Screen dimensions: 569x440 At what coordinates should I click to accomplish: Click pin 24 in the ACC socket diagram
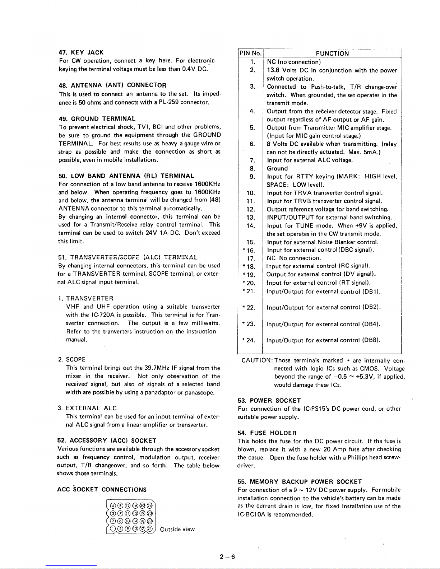pyautogui.click(x=149, y=505)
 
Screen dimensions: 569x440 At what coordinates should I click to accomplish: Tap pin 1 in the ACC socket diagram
pyautogui.click(x=113, y=528)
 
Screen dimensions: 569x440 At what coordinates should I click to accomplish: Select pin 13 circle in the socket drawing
pyautogui.click(x=135, y=528)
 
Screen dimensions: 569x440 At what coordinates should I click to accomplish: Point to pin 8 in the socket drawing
pyautogui.click(x=120, y=505)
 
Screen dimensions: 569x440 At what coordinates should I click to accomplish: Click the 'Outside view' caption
pyautogui.click(x=177, y=529)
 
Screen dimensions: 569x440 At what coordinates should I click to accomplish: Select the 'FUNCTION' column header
pyautogui.click(x=332, y=53)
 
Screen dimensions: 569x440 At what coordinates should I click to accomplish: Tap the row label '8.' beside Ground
pyautogui.click(x=253, y=168)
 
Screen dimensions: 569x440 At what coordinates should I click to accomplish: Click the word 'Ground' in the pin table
pyautogui.click(x=277, y=168)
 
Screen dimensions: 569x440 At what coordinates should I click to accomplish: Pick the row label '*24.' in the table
pyautogui.click(x=250, y=340)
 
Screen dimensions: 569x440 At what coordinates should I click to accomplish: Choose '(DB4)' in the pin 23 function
pyautogui.click(x=371, y=324)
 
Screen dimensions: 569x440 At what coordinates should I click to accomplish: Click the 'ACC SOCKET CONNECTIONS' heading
pyautogui.click(x=102, y=490)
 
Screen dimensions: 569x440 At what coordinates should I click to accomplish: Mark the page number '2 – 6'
pyautogui.click(x=227, y=557)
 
